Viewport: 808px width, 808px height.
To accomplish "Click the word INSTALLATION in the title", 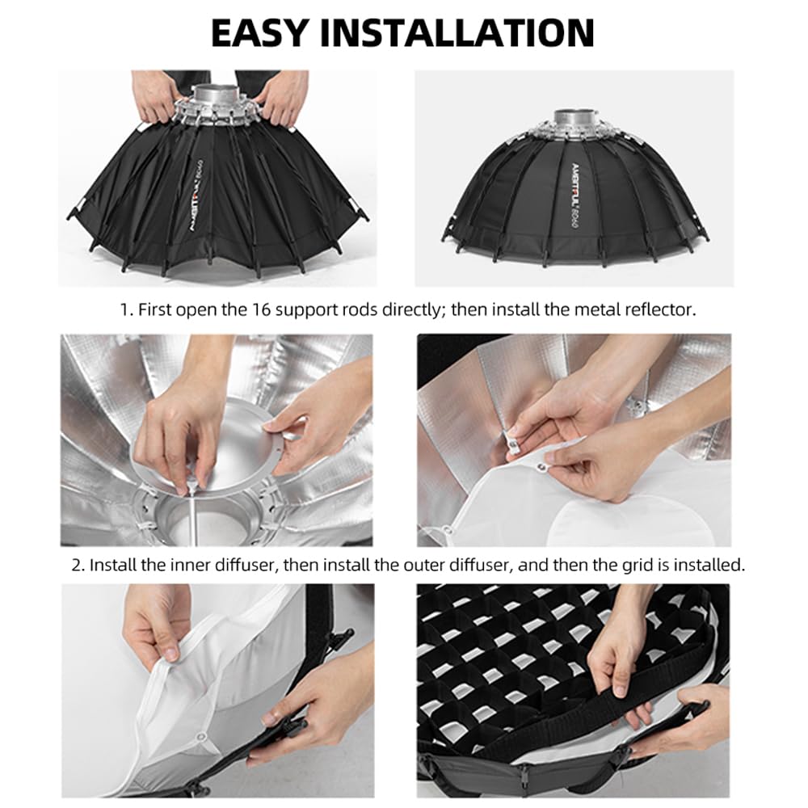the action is click(457, 33).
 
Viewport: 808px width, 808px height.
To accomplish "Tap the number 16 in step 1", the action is click(261, 309).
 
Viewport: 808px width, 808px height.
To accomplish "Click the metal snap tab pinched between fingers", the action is click(512, 442).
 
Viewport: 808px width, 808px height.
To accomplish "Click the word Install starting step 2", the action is click(111, 566).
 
